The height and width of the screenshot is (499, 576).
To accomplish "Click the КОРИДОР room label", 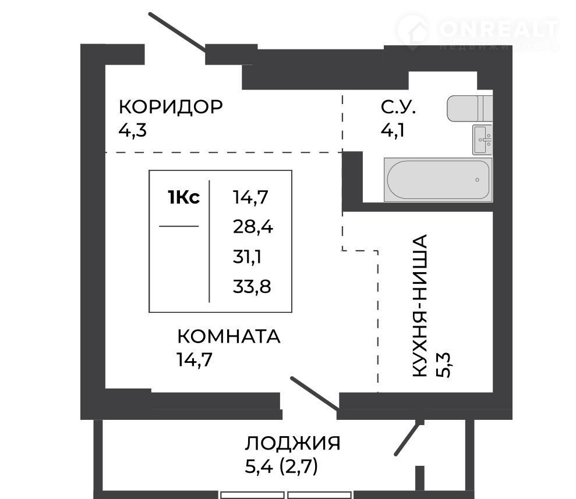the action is pos(171,107).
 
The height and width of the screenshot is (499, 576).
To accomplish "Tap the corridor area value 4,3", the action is pos(132,130).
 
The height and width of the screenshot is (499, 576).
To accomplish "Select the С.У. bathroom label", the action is pos(398,107).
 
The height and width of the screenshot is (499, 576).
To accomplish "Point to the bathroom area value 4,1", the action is pos(393,130).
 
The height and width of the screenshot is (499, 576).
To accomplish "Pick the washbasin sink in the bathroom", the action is pos(482,140).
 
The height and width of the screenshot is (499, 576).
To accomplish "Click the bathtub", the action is pos(438,180).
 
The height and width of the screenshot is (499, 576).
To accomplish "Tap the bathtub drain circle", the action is pos(477,180).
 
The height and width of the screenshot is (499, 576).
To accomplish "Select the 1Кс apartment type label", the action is pos(183,197).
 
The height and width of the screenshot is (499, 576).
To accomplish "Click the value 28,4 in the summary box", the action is pos(253,227).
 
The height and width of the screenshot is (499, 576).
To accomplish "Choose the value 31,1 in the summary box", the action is pos(247,256).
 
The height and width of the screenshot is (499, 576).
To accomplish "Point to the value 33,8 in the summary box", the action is pos(252,286).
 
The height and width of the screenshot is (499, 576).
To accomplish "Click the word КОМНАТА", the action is pos(228,337).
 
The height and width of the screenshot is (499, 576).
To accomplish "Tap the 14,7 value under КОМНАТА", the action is pos(195,359).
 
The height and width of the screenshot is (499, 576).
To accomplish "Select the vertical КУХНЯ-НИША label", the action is pos(419,305).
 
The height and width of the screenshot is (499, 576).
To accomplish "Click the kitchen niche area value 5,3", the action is pos(443,365).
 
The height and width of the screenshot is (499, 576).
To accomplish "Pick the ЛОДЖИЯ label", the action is pos(292,443).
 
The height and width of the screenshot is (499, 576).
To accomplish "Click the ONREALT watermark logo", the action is pos(478,33).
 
